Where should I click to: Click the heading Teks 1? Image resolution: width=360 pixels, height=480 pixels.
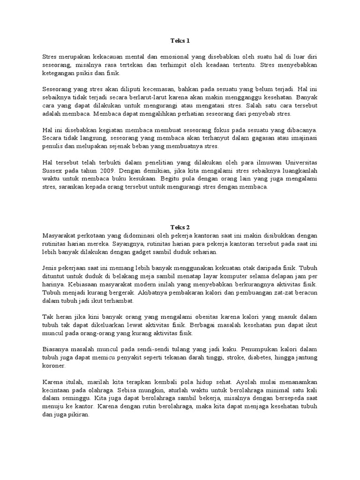(x=180, y=41)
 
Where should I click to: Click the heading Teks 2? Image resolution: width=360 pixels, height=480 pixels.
(x=180, y=227)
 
